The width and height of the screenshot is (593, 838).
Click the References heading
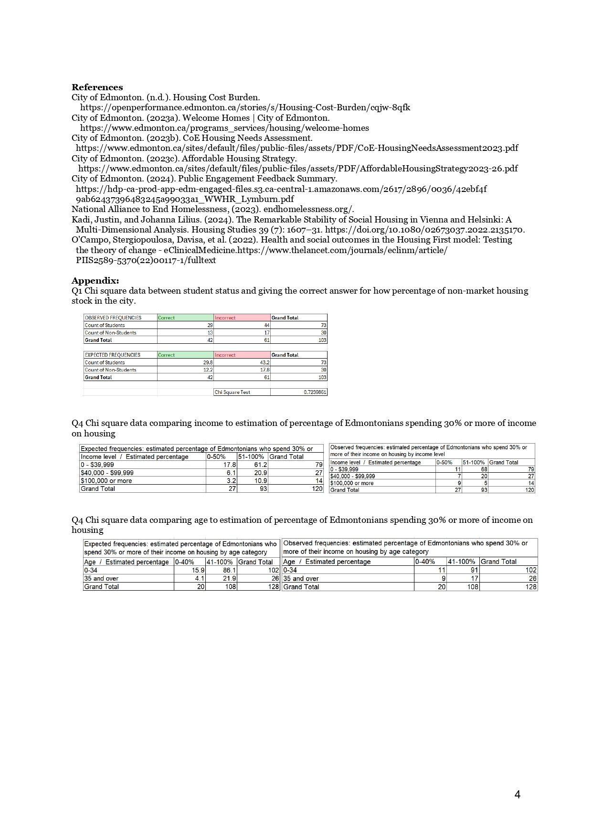tap(97, 87)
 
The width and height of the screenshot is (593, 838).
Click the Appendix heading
tap(95, 280)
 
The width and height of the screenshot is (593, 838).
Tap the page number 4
tap(517, 795)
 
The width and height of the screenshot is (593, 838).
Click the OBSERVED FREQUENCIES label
tap(113, 318)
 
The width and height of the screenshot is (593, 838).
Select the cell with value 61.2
tap(260, 465)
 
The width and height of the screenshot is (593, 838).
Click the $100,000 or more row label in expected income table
tap(106, 481)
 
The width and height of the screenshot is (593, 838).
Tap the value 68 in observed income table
tap(484, 469)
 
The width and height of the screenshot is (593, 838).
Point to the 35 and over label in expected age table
tap(101, 578)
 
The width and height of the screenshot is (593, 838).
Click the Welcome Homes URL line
tap(224, 128)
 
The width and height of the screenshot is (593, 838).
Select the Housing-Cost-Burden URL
tap(245, 107)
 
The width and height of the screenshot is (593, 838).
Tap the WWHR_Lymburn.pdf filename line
tap(185, 199)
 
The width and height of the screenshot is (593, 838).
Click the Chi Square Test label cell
tap(233, 392)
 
